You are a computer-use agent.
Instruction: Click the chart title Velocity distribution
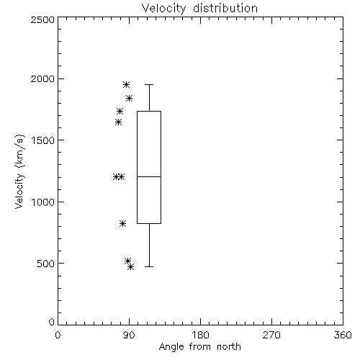point(199,8)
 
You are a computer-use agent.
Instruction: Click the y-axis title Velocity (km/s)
point(19,171)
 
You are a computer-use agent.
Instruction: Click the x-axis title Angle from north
point(199,347)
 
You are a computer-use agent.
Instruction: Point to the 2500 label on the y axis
point(42,19)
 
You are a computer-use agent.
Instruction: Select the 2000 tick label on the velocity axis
point(42,78)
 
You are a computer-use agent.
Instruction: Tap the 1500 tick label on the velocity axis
point(43,140)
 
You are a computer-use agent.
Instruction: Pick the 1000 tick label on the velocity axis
point(43,202)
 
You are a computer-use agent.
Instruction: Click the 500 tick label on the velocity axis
point(46,264)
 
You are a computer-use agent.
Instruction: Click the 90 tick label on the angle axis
point(130,335)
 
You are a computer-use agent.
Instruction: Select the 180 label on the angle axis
point(200,335)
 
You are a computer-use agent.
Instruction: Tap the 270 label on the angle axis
point(271,335)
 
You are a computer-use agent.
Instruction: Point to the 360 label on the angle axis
point(343,335)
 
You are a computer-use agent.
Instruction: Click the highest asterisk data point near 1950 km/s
point(126,84)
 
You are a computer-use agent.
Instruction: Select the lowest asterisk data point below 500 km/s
point(131,266)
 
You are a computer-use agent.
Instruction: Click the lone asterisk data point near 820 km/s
point(122,224)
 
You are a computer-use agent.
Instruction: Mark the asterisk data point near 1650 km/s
point(118,122)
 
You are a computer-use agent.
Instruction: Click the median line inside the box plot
point(149,176)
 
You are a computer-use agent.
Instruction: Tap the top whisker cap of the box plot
point(149,84)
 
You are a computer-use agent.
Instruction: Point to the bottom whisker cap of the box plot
point(149,266)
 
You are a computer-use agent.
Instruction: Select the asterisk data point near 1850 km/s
point(130,98)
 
